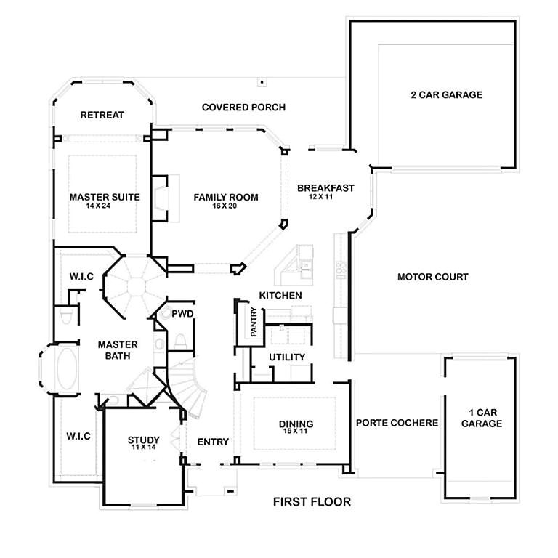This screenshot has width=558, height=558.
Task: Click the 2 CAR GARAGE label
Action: click(x=446, y=94)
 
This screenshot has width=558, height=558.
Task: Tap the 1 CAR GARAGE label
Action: click(x=481, y=418)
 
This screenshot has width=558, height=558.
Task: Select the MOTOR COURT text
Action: click(x=432, y=277)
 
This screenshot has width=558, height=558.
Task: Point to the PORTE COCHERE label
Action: click(x=397, y=423)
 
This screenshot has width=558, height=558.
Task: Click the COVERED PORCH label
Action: click(x=243, y=108)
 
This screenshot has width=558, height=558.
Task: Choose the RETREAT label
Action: click(x=102, y=115)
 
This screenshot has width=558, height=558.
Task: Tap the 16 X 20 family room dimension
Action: click(x=225, y=206)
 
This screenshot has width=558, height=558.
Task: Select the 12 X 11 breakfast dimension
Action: click(x=320, y=197)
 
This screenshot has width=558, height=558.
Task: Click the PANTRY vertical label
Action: click(x=254, y=322)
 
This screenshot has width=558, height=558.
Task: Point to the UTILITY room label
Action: click(x=286, y=357)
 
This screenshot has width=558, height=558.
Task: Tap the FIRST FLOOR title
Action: click(x=312, y=501)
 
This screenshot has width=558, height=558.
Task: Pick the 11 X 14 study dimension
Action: click(x=144, y=448)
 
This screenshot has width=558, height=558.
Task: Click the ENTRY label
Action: click(x=213, y=442)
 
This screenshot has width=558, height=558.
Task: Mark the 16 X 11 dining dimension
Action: click(x=296, y=432)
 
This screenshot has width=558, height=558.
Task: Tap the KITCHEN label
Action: click(x=280, y=296)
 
